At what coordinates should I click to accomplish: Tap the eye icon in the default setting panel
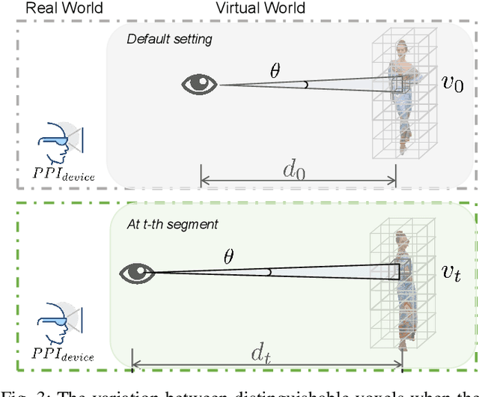(200, 84)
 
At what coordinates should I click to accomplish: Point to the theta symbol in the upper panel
(275, 71)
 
